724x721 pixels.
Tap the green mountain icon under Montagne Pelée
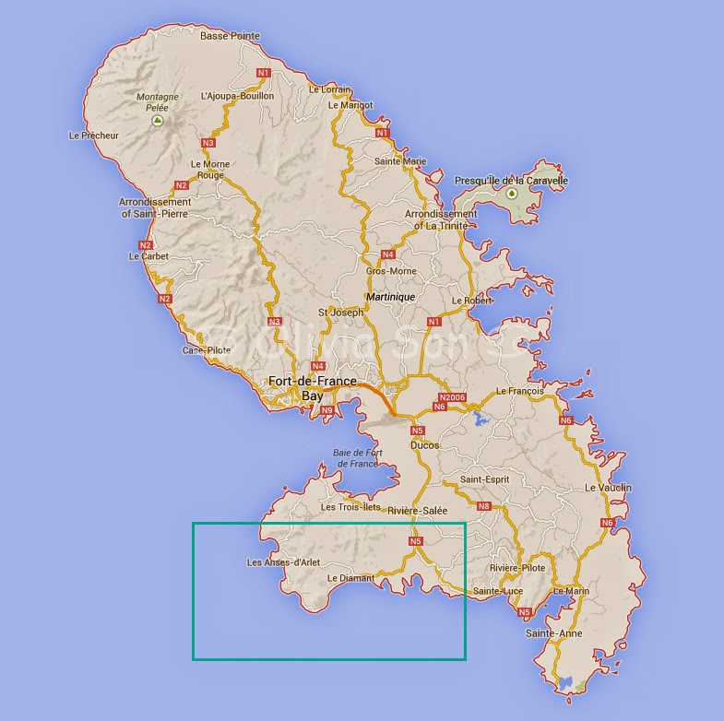pyautogui.click(x=159, y=120)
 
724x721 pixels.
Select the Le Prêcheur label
pyautogui.click(x=94, y=135)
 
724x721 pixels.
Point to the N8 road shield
pyautogui.click(x=483, y=505)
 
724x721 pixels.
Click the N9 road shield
pyautogui.click(x=326, y=410)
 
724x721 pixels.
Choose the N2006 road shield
pyautogui.click(x=454, y=397)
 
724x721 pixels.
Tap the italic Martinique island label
pyautogui.click(x=390, y=297)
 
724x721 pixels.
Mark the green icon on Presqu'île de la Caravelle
pyautogui.click(x=512, y=194)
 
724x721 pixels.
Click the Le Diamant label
pyautogui.click(x=351, y=578)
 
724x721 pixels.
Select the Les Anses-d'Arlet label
pyautogui.click(x=283, y=562)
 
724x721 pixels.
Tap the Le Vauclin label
pyautogui.click(x=608, y=487)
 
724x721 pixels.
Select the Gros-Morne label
pyautogui.click(x=391, y=271)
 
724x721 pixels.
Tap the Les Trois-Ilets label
pyautogui.click(x=350, y=507)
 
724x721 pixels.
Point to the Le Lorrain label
pyautogui.click(x=329, y=89)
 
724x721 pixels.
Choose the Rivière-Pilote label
pyautogui.click(x=518, y=568)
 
